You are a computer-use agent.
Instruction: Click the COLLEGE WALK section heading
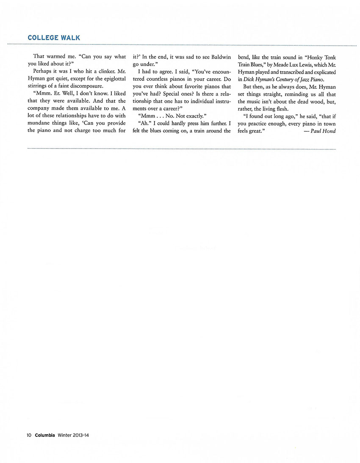pyautogui.click(x=54, y=38)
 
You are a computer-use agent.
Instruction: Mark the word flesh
pyautogui.click(x=280, y=108)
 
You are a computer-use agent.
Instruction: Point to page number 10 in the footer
pyautogui.click(x=29, y=435)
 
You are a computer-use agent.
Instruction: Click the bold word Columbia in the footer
pyautogui.click(x=44, y=435)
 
